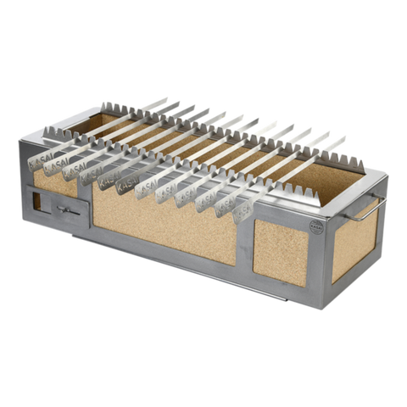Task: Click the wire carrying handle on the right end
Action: pos(369,207)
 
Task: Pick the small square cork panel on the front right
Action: pos(281,254)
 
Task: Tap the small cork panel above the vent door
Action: pos(54,181)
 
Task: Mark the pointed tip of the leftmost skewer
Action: pos(166,98)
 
